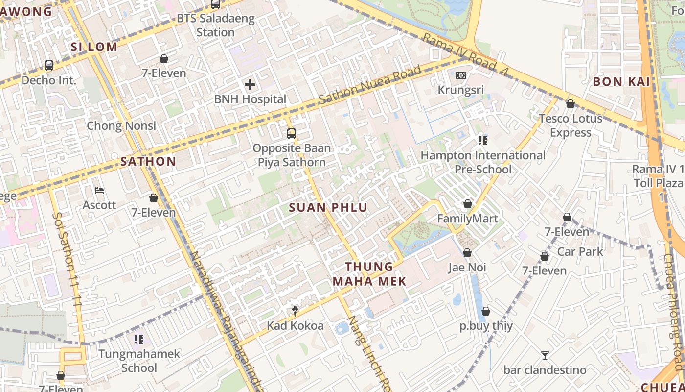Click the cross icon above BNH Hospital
tap(250, 85)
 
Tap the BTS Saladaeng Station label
tap(216, 25)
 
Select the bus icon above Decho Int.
tap(48, 65)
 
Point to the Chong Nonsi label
tap(121, 125)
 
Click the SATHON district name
tap(148, 161)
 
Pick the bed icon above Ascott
tap(99, 190)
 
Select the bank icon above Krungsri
tap(460, 75)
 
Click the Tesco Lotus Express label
tap(571, 125)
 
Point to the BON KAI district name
tap(621, 81)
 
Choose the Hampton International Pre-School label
tap(483, 162)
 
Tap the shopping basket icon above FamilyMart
tap(467, 204)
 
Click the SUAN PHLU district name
tap(328, 207)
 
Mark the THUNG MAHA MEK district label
tap(369, 274)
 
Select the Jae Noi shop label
tap(467, 268)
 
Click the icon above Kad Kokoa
tap(295, 310)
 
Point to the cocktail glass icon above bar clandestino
tap(545, 355)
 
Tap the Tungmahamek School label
tap(139, 361)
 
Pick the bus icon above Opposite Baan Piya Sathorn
tap(292, 133)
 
